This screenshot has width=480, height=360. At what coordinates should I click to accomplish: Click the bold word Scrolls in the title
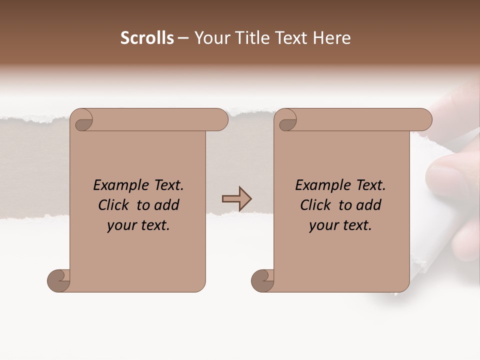[147, 38]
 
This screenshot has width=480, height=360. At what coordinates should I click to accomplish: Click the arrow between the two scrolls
[236, 199]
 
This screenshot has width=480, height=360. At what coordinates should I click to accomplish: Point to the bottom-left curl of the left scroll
[59, 280]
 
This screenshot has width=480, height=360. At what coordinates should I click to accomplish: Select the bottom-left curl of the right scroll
[263, 280]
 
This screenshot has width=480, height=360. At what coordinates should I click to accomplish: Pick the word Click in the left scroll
[114, 205]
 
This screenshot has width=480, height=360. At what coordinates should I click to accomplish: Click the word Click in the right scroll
[316, 205]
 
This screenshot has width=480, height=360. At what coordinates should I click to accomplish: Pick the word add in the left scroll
[166, 205]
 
